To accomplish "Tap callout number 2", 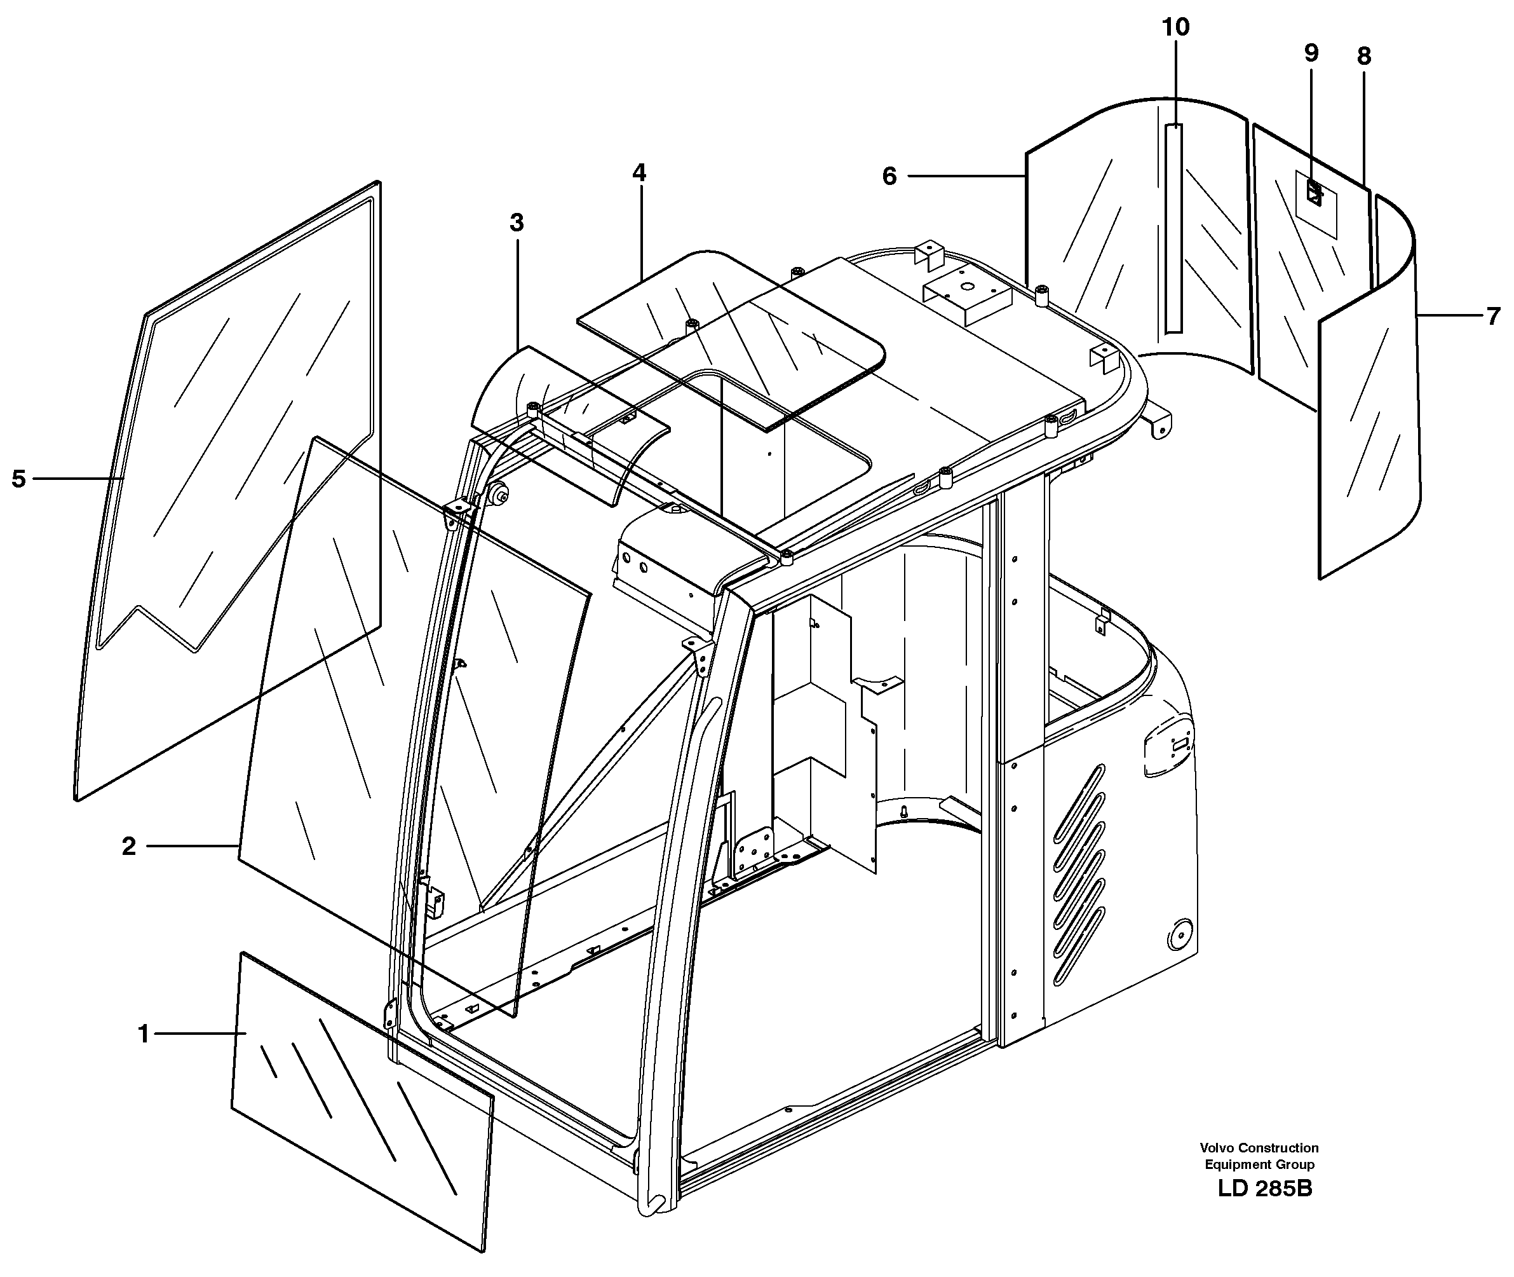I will [128, 845].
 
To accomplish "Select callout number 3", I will [516, 222].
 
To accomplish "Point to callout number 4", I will [639, 172].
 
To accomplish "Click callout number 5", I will [19, 479].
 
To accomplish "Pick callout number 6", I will [889, 176].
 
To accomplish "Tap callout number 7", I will [1493, 317].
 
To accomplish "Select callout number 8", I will [1363, 56].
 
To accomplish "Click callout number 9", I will [1311, 53].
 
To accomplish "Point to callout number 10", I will [1175, 27].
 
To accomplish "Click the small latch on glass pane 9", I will [1313, 194].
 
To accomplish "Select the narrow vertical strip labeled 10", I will [1173, 228].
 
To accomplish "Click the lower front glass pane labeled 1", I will [362, 1100].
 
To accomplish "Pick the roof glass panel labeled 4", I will [731, 333].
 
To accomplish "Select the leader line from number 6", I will [966, 176].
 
